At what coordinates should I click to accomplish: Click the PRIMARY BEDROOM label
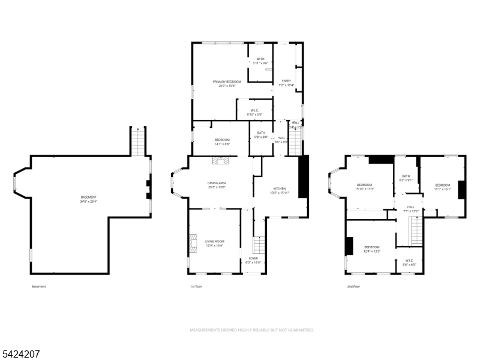227,81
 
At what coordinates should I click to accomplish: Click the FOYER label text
253,259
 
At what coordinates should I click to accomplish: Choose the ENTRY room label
286,81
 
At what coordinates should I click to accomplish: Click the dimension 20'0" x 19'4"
227,86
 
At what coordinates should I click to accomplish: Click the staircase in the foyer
259,245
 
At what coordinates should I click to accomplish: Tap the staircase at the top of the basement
138,142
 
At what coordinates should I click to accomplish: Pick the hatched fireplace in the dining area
220,160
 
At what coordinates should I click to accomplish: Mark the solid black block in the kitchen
304,176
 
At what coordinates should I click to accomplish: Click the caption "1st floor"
196,287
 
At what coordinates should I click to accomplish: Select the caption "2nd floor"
353,287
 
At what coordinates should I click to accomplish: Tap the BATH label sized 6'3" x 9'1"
406,178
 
